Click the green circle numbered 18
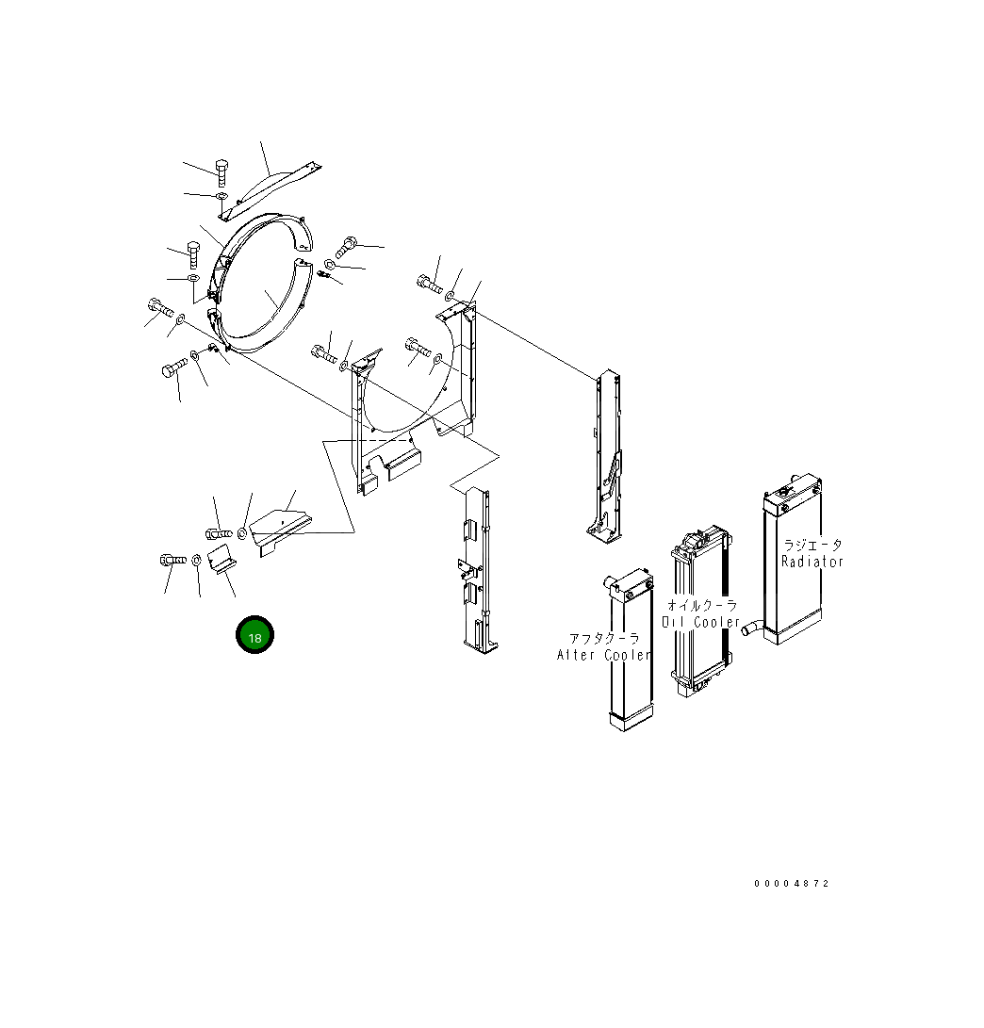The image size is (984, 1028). (254, 635)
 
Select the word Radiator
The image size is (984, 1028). (812, 562)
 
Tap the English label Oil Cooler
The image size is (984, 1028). (700, 622)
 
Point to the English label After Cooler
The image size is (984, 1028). (604, 655)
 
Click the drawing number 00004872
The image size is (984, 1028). (792, 884)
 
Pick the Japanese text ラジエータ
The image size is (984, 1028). (812, 545)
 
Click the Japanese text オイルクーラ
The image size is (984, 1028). (702, 605)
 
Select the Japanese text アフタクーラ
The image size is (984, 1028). (604, 638)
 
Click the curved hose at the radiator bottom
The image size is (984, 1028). (752, 628)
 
